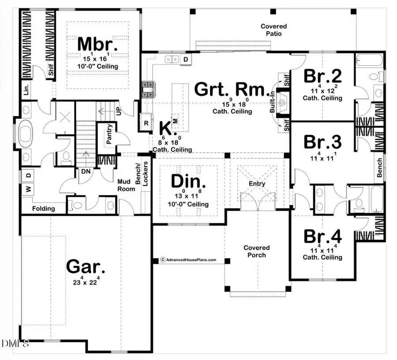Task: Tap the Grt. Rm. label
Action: [x=231, y=91]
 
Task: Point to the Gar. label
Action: [x=86, y=267]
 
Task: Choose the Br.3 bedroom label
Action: [x=322, y=143]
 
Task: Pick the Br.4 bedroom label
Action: [x=322, y=236]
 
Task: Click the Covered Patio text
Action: [x=273, y=30]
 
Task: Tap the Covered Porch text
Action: [x=256, y=251]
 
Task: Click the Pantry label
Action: [x=109, y=135]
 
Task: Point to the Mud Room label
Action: [x=126, y=184]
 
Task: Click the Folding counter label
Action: [x=43, y=208]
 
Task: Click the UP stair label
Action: [x=119, y=111]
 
